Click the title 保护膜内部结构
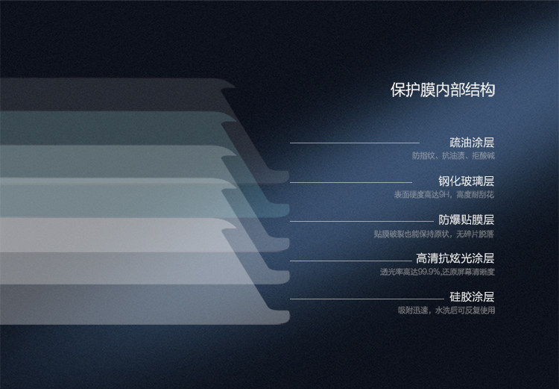point(442,90)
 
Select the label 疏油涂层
point(472,142)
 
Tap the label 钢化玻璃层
point(466,181)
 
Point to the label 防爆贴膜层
point(466,220)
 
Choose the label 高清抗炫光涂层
point(455,259)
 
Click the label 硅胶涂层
point(472,297)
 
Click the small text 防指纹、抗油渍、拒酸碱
point(453,156)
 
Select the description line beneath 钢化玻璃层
point(444,195)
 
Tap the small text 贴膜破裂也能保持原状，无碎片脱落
point(435,234)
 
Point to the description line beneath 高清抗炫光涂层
point(438,272)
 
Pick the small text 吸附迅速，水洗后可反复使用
point(446,310)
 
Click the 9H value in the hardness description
point(445,195)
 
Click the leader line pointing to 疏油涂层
point(354,143)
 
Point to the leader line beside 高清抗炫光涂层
point(350,261)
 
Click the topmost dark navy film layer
point(112,94)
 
